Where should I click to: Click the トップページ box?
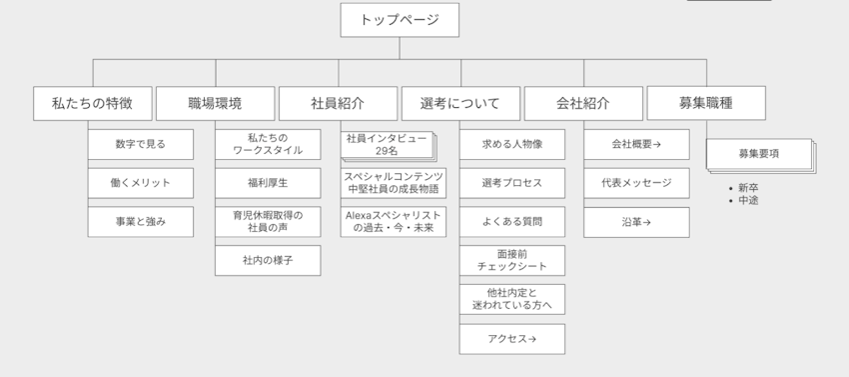(399, 20)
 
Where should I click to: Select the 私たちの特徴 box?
(93, 103)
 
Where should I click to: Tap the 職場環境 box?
(215, 103)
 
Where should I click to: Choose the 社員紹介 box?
(338, 103)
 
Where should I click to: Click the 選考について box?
(460, 103)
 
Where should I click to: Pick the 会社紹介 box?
(583, 103)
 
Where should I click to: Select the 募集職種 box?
(706, 103)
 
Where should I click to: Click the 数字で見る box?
(140, 144)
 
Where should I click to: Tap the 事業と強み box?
(140, 222)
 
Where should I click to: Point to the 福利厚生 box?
(268, 183)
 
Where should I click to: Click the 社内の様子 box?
(268, 260)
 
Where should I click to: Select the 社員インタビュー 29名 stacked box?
(387, 145)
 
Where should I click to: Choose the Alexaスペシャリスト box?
(394, 222)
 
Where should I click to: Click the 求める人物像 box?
(511, 144)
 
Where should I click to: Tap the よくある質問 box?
(511, 222)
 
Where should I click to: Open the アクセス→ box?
(511, 339)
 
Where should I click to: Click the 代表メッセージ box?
(636, 183)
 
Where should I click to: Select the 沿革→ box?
(636, 222)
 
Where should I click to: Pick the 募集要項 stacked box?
(759, 154)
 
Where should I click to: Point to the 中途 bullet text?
(748, 201)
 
